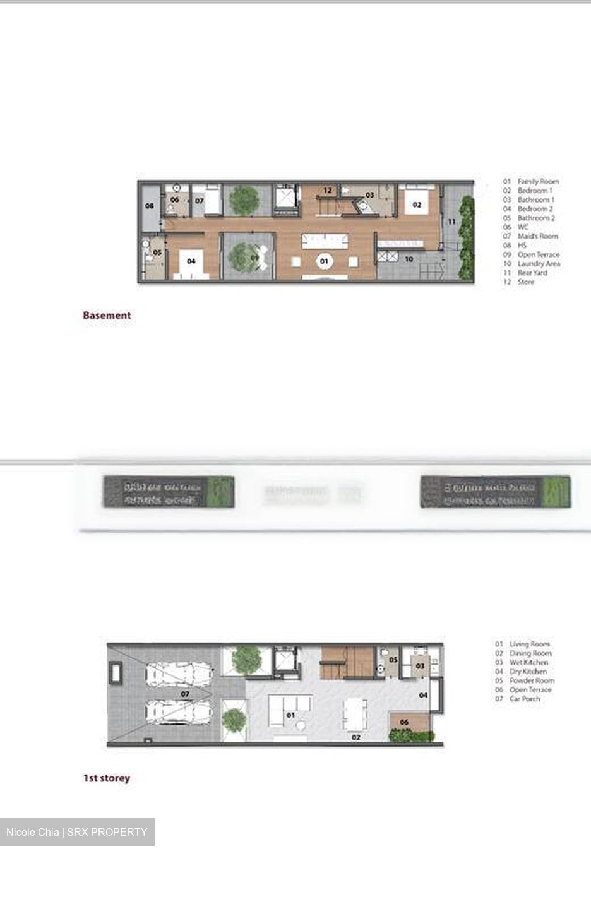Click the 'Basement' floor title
(107, 315)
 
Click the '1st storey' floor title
(106, 778)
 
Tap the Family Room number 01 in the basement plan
(324, 260)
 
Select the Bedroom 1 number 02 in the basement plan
(417, 205)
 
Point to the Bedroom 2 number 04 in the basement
(191, 261)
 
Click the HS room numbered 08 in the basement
(150, 206)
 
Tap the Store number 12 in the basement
(327, 190)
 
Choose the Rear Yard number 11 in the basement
(451, 222)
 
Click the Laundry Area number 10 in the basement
(409, 259)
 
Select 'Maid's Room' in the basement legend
(537, 236)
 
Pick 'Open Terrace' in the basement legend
(538, 254)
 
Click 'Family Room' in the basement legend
(537, 181)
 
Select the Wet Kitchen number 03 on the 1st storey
(420, 665)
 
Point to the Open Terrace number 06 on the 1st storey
(404, 722)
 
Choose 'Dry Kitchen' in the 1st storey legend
(528, 672)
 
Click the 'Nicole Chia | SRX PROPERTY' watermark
(76, 832)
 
